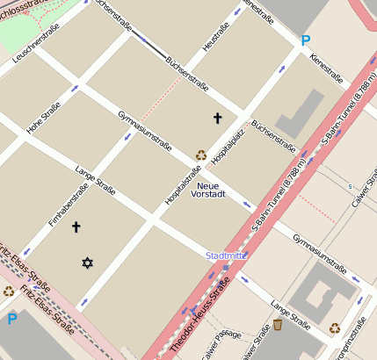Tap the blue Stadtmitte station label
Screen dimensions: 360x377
pyautogui.click(x=226, y=256)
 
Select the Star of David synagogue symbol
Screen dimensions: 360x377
pyautogui.click(x=87, y=263)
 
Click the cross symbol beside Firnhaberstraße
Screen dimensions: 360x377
pyautogui.click(x=76, y=227)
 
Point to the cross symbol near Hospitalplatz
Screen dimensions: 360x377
pyautogui.click(x=218, y=118)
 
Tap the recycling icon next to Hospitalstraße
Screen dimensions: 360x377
pyautogui.click(x=200, y=155)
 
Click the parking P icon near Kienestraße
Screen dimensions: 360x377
pyautogui.click(x=305, y=40)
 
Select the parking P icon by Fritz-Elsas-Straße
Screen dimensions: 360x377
pyautogui.click(x=11, y=319)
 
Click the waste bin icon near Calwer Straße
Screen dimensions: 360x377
pyautogui.click(x=278, y=325)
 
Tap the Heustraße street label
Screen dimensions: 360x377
pyautogui.click(x=215, y=37)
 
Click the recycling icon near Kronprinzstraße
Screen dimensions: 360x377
pyautogui.click(x=335, y=328)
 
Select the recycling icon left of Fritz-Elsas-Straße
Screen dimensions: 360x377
pyautogui.click(x=9, y=292)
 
